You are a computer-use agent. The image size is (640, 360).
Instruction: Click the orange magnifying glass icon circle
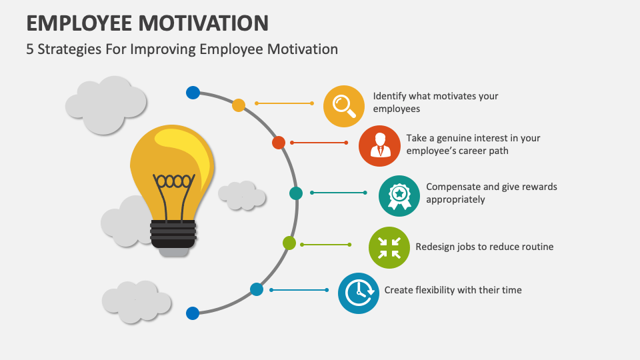(x=344, y=106)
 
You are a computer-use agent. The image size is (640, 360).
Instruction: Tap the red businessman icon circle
(x=379, y=146)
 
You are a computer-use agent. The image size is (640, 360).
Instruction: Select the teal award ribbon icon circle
(x=399, y=195)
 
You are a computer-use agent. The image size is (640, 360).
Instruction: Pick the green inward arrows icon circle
(x=389, y=247)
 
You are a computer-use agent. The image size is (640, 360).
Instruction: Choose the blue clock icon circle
(x=359, y=293)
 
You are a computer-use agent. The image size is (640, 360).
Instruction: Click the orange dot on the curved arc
(x=239, y=105)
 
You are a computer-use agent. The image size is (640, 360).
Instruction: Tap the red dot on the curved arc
(x=279, y=143)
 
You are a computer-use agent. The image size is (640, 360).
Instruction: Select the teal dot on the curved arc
(x=296, y=193)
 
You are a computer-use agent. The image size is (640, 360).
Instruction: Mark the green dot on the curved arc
(x=289, y=243)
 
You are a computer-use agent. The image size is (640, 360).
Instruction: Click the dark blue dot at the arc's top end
(x=193, y=93)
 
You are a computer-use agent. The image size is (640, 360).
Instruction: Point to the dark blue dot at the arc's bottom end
(x=193, y=313)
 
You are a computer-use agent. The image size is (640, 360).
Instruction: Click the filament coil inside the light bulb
(x=174, y=181)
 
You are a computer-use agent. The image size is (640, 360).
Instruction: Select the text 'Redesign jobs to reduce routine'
(x=485, y=247)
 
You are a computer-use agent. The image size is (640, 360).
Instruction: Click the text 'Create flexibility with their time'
(x=453, y=290)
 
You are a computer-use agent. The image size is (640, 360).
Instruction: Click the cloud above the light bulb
(x=105, y=103)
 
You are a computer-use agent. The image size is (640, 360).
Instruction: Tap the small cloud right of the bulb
(x=242, y=195)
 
